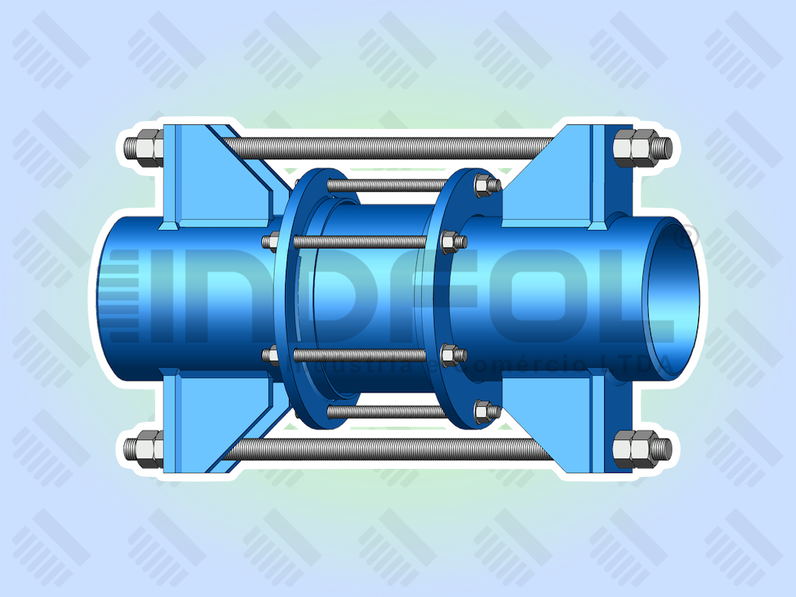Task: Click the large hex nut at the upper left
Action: [x=146, y=147]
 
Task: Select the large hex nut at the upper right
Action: [x=636, y=147]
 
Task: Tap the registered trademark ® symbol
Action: [x=686, y=236]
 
